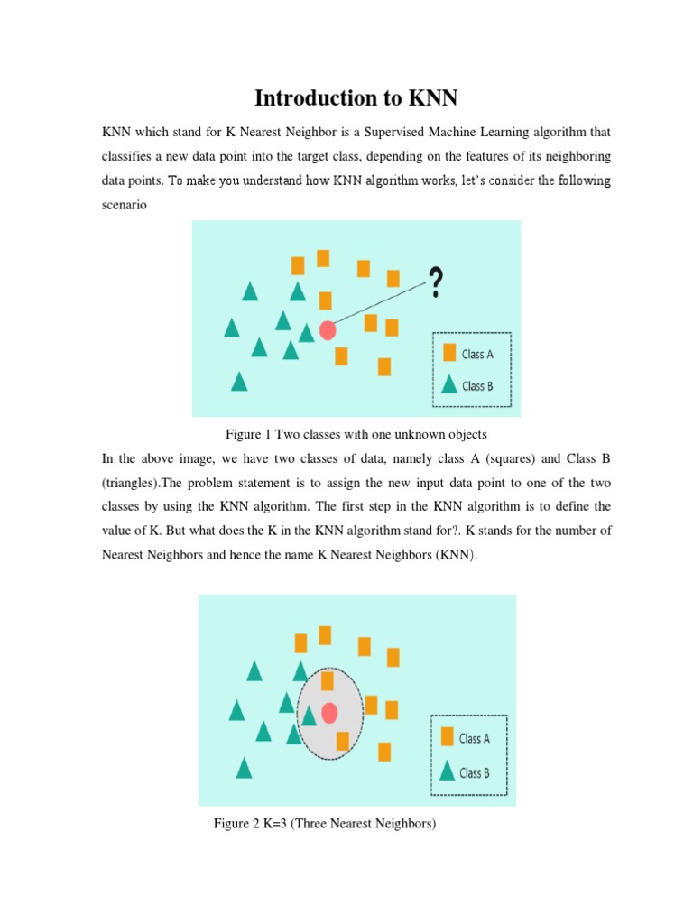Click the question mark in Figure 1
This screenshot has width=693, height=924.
436,282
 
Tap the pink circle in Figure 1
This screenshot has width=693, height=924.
328,330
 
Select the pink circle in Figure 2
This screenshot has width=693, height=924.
329,713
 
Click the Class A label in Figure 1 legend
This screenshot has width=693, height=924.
477,355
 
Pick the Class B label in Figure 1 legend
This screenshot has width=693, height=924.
477,386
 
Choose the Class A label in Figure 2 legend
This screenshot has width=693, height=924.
475,738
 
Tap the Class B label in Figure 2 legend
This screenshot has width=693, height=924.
475,772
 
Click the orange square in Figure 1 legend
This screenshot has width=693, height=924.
448,354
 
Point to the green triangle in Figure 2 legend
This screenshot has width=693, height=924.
447,772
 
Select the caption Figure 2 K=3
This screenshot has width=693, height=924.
325,823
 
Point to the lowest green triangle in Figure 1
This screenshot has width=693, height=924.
239,382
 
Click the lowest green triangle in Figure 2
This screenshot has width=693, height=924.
244,768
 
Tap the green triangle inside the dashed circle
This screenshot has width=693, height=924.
309,715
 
